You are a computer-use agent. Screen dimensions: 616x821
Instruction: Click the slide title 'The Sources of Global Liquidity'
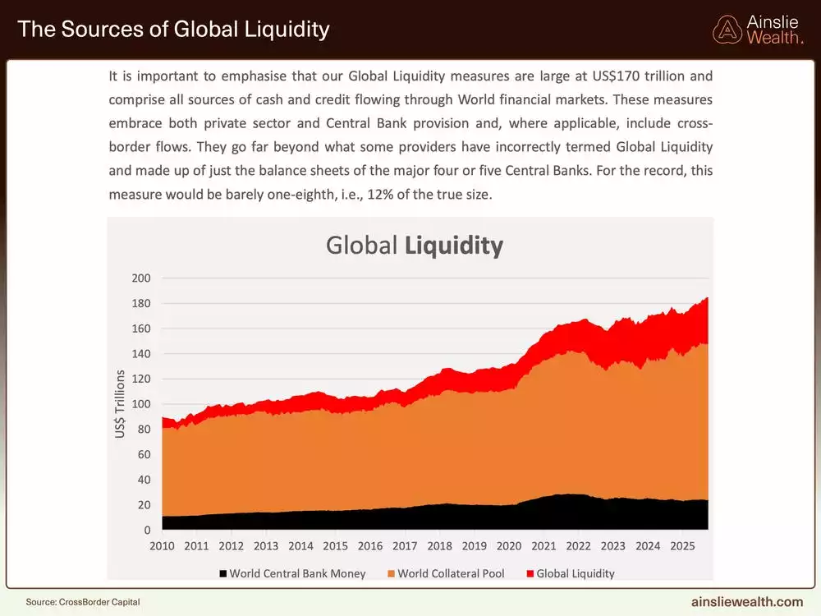point(173,30)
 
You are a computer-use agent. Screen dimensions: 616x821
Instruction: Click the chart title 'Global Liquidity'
point(414,246)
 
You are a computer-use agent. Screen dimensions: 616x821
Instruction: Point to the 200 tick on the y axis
point(141,278)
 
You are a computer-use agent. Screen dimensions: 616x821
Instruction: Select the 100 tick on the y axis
point(141,405)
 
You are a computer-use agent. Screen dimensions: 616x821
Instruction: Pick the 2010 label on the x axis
point(162,545)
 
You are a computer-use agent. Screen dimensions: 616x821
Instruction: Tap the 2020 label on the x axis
point(509,545)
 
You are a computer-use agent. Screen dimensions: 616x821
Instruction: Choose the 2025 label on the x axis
point(682,545)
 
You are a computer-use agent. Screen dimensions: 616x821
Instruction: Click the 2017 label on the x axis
point(405,545)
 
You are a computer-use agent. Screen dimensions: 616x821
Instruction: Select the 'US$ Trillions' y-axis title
point(121,404)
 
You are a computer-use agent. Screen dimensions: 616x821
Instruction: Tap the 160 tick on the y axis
point(141,329)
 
